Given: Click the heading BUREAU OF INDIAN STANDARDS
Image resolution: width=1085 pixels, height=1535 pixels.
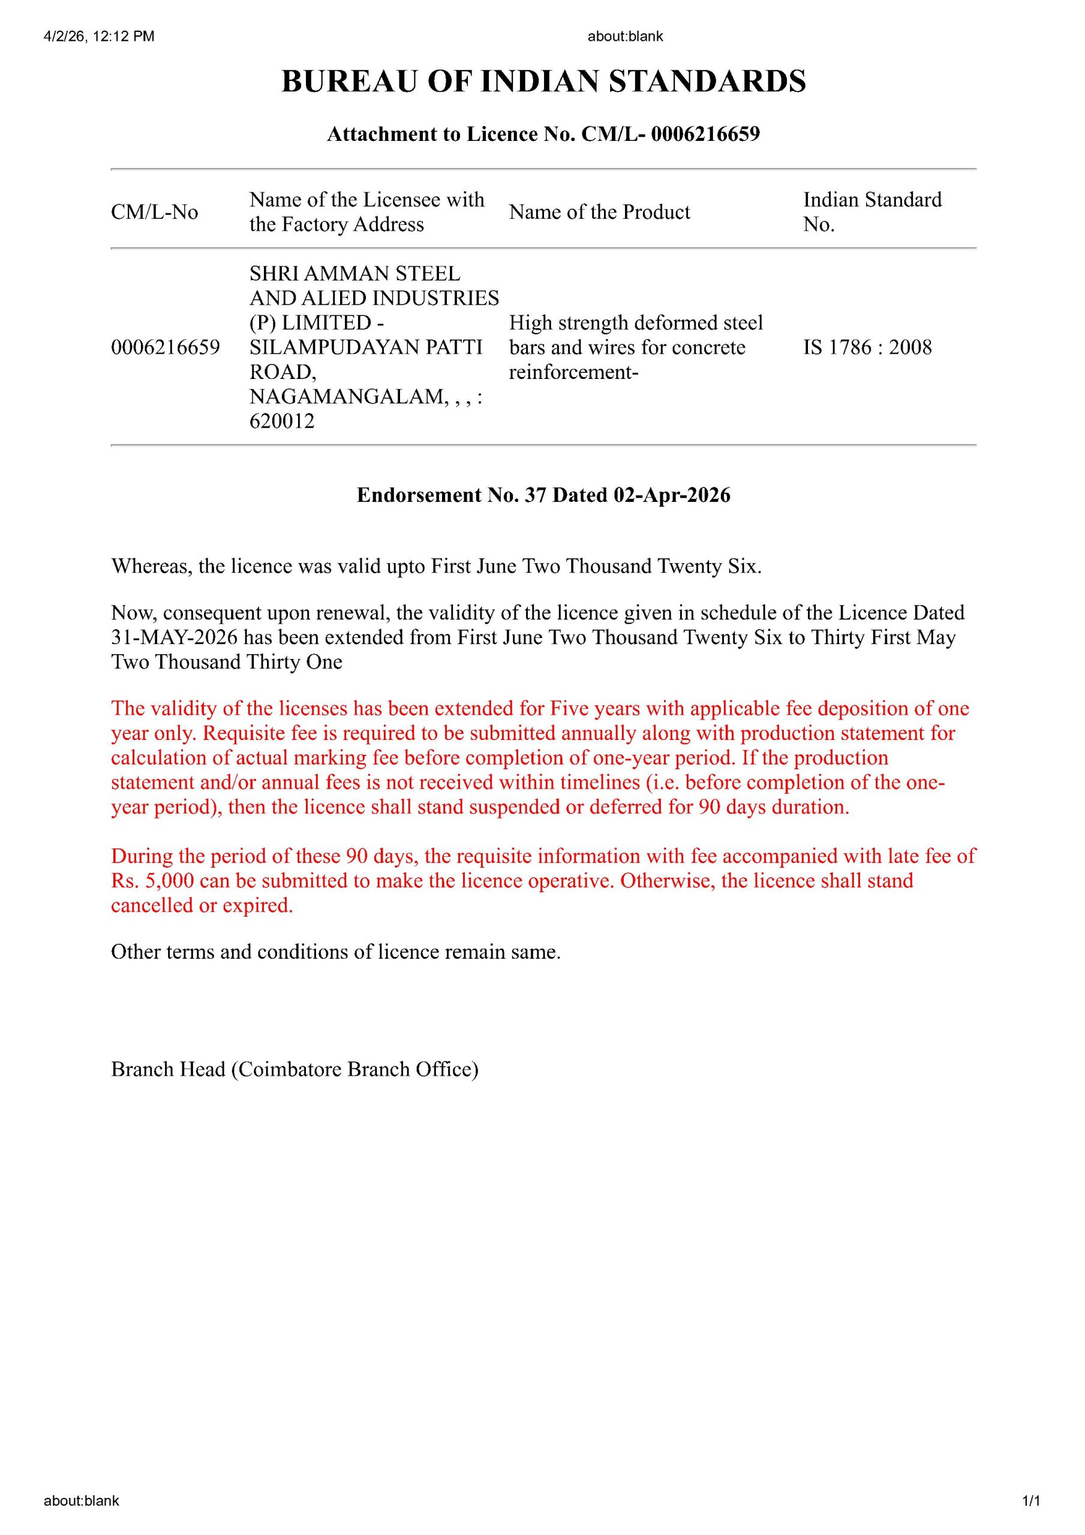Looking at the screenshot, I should click(x=543, y=82).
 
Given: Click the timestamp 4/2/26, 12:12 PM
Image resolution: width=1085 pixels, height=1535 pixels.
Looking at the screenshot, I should click(x=99, y=36).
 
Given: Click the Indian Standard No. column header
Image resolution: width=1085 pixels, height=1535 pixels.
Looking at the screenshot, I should click(x=871, y=211).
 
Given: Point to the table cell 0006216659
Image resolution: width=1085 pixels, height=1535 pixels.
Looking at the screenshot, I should click(x=165, y=347).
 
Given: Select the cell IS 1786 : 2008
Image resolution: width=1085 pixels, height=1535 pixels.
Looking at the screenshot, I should click(x=867, y=347).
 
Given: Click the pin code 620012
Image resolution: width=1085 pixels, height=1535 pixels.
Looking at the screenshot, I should click(x=282, y=421).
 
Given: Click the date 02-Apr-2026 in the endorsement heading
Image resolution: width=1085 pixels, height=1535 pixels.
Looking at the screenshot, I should click(x=672, y=495).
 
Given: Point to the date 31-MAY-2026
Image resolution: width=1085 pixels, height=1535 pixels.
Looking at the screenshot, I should click(x=174, y=637).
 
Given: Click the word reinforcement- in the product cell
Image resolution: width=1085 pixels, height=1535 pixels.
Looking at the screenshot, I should click(x=573, y=372).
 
